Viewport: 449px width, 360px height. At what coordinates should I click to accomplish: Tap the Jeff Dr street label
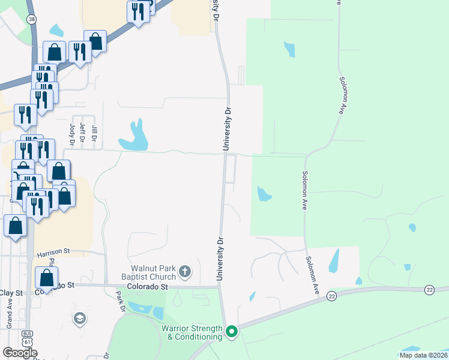(x=83, y=131)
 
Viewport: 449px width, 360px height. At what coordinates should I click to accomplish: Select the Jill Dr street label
(x=94, y=131)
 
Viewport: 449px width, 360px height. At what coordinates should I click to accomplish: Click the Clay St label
(x=10, y=293)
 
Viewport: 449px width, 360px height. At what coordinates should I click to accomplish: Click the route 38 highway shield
(x=31, y=19)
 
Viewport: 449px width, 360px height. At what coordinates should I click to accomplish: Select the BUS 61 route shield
(x=26, y=338)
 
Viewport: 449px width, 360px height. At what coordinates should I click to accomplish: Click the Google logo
(x=20, y=353)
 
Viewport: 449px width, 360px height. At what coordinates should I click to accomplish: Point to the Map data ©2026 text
(x=423, y=355)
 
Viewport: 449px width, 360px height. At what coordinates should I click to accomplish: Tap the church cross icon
(x=185, y=272)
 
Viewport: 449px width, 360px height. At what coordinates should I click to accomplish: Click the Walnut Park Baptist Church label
(x=154, y=272)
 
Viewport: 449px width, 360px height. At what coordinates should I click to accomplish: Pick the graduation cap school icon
(x=79, y=318)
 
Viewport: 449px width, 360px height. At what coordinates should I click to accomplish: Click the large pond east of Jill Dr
(x=134, y=138)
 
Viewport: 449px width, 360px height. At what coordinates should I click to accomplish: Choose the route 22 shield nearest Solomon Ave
(x=331, y=296)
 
